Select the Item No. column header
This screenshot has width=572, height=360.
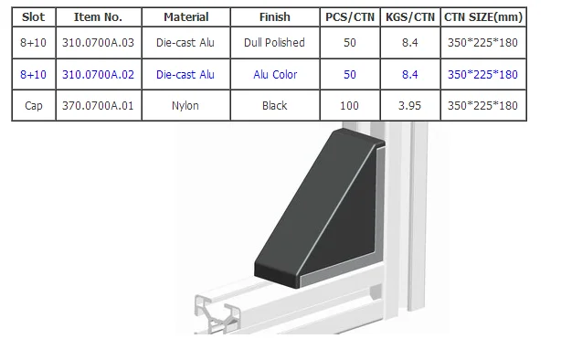[98, 16]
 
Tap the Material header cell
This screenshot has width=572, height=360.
[185, 16]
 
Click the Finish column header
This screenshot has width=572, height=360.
[274, 16]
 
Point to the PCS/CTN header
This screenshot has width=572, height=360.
[350, 16]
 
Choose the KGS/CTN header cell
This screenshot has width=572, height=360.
[410, 16]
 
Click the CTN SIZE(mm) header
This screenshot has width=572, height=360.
[483, 16]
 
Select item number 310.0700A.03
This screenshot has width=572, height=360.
[98, 43]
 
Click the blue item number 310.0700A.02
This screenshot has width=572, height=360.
[98, 74]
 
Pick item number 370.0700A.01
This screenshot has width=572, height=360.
[98, 106]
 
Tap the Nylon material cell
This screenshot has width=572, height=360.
[185, 106]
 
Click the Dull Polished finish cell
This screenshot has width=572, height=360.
[274, 43]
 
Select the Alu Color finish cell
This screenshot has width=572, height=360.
[274, 74]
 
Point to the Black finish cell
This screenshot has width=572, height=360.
[274, 106]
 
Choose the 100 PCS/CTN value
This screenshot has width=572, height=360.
[350, 106]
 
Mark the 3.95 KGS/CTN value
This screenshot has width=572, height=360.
[410, 106]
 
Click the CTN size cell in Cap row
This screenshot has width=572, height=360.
[483, 106]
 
